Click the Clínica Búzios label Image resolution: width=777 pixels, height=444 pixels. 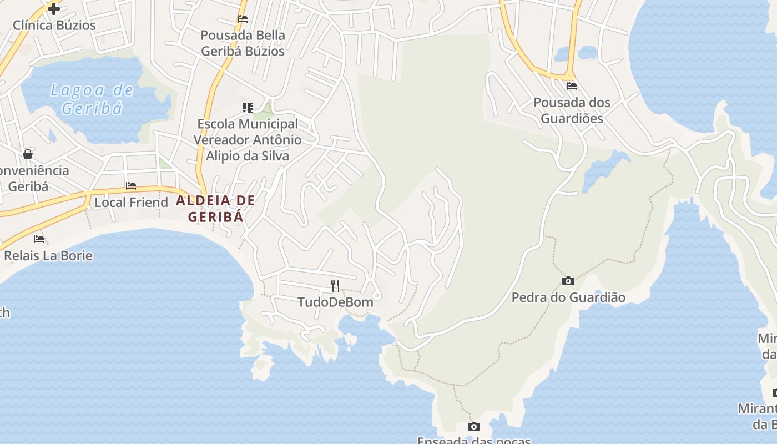point(54,25)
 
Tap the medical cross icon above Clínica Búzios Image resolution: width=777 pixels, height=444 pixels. point(54,9)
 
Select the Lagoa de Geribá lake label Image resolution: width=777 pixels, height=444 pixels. point(92,99)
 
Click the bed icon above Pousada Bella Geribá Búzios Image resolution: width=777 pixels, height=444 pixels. point(243,18)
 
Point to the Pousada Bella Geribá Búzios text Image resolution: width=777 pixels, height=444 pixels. point(243,43)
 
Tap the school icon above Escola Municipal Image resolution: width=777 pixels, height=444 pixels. point(248,107)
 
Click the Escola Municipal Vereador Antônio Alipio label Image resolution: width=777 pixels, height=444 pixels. point(248,140)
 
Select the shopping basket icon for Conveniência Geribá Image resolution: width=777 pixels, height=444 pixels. point(28,154)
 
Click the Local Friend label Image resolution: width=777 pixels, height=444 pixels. point(131,202)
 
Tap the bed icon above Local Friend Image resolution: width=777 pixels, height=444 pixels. point(131,186)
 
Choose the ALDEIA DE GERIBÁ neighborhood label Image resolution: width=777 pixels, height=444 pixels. point(215,208)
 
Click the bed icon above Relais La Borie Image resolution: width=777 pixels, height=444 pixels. point(39,239)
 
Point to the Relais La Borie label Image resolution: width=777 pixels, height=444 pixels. point(48,256)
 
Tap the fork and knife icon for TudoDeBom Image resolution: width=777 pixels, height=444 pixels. point(335,286)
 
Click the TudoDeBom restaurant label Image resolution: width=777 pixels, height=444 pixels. point(335,302)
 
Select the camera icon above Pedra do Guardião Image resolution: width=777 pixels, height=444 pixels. point(568,281)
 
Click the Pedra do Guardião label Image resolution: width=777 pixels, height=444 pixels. point(568,297)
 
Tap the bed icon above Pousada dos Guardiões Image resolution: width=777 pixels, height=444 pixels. point(572,86)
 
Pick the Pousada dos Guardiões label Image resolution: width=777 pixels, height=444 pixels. point(572,110)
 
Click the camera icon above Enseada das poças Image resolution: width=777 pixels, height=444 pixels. point(473,427)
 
